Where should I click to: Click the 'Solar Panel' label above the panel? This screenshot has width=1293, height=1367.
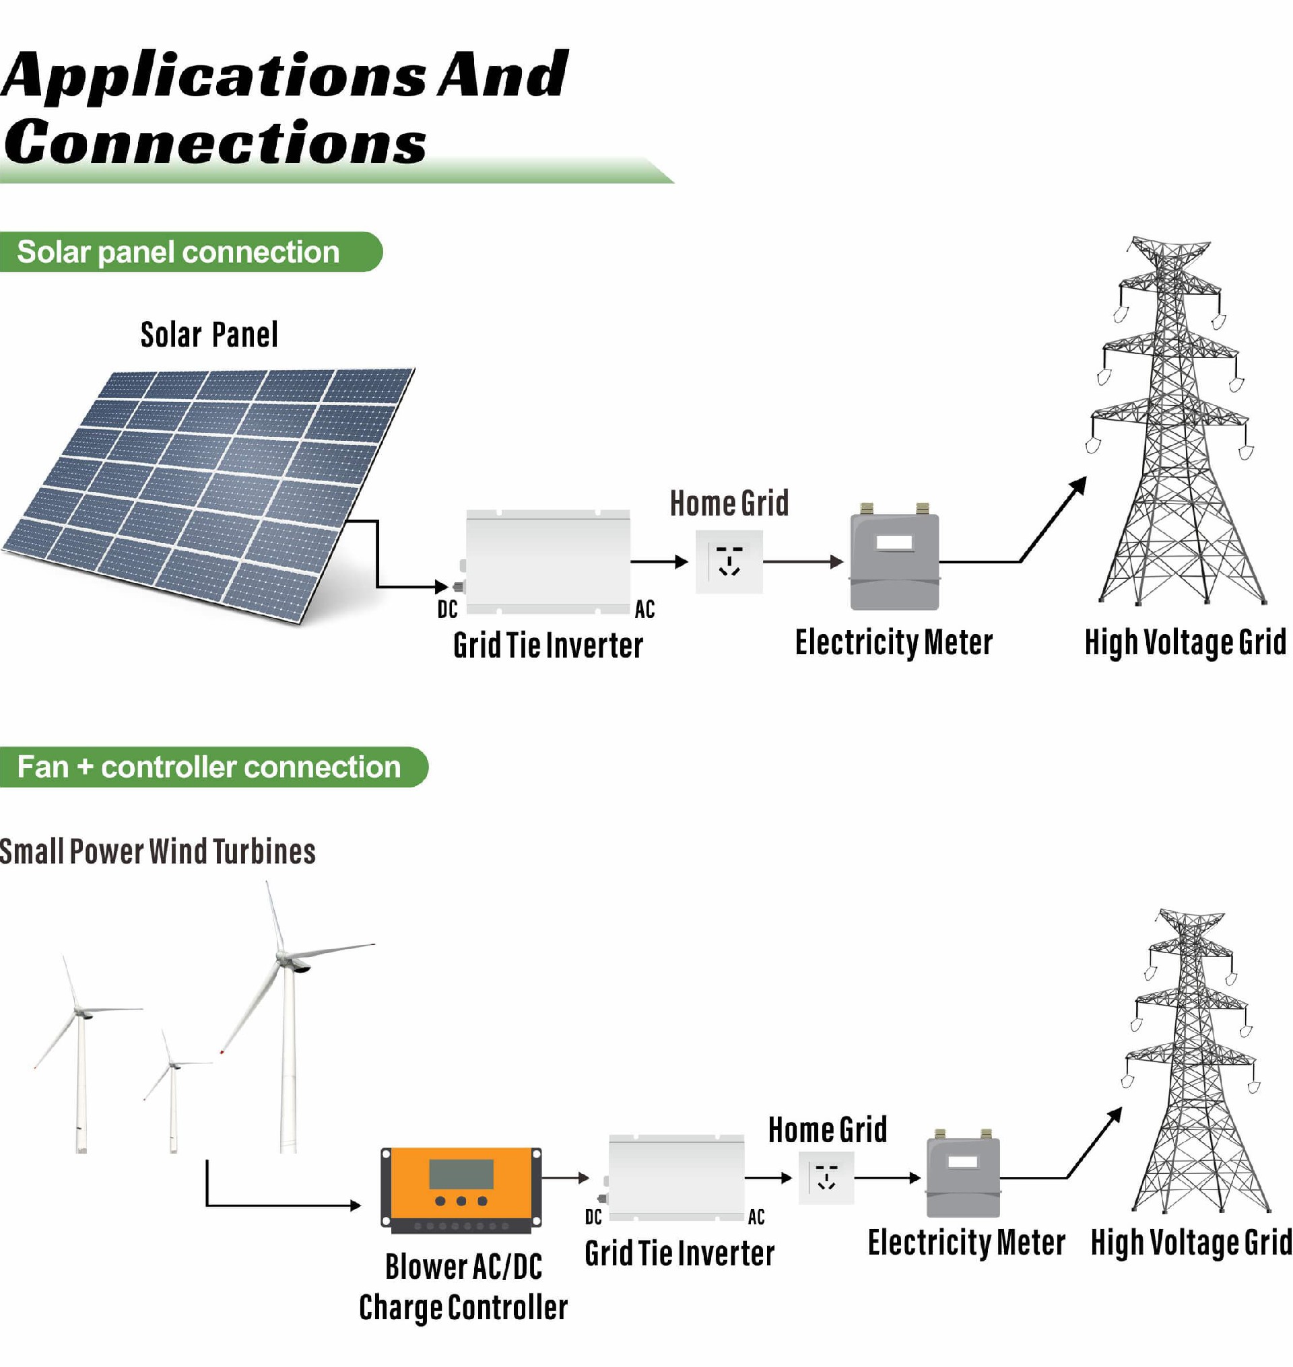[x=209, y=336]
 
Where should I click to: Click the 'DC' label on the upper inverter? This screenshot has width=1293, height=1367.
[x=447, y=609]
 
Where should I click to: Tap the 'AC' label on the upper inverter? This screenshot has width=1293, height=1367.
[x=644, y=609]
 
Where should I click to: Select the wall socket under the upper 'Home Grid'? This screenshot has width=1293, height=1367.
[x=729, y=561]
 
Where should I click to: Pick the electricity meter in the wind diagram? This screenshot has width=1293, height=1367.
[x=963, y=1175]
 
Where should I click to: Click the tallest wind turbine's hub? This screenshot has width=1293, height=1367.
[x=284, y=958]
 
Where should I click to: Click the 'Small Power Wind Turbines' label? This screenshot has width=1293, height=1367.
[x=157, y=851]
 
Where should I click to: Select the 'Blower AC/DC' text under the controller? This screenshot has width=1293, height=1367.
[x=463, y=1267]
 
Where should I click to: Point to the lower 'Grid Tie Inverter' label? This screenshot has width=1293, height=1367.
[x=679, y=1253]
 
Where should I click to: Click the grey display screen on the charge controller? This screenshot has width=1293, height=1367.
[x=461, y=1173]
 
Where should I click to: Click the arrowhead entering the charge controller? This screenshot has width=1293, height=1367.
[x=356, y=1205]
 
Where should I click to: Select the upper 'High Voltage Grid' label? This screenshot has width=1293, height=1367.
[x=1185, y=642]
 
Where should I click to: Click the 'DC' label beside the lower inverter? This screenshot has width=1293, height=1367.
[x=593, y=1218]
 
